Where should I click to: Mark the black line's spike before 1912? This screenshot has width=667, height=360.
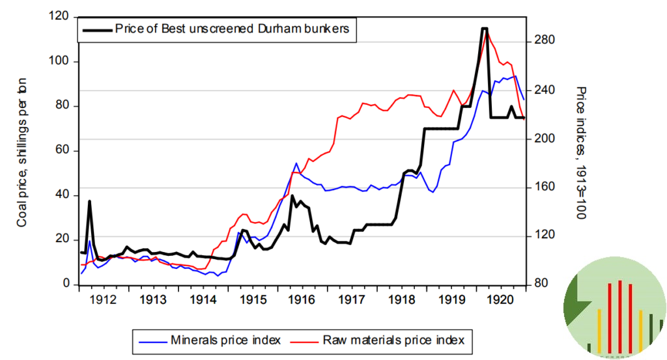coord(89,201)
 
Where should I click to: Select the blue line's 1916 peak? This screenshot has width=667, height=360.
coord(296,163)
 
